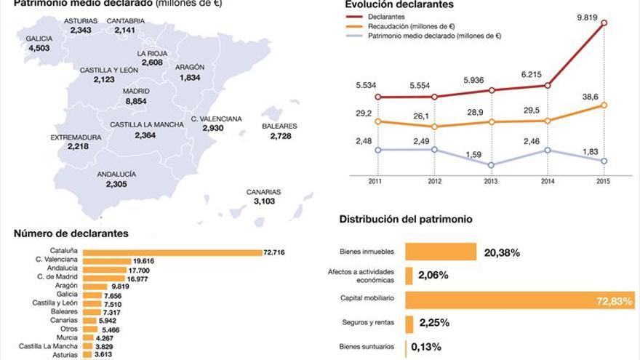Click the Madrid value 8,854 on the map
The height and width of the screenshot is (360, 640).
(136, 102)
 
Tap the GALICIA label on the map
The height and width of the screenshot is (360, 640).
(39, 38)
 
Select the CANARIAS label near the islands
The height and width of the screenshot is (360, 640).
(263, 192)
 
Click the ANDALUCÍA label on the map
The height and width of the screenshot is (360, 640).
(116, 175)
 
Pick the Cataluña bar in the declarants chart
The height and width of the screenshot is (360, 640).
(172, 252)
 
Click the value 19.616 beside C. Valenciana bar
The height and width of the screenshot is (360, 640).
(143, 260)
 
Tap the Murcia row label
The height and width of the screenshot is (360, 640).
(67, 337)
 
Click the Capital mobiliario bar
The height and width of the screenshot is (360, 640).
(519, 300)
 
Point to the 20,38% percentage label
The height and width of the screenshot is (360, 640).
(502, 252)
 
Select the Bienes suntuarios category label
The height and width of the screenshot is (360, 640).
(367, 347)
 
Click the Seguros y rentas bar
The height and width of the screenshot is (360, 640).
(409, 324)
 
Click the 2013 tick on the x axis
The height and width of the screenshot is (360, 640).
(491, 182)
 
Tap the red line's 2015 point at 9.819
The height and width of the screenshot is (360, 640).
(604, 23)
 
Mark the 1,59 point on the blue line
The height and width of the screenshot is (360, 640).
(491, 165)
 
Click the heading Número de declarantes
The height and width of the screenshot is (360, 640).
(71, 233)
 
